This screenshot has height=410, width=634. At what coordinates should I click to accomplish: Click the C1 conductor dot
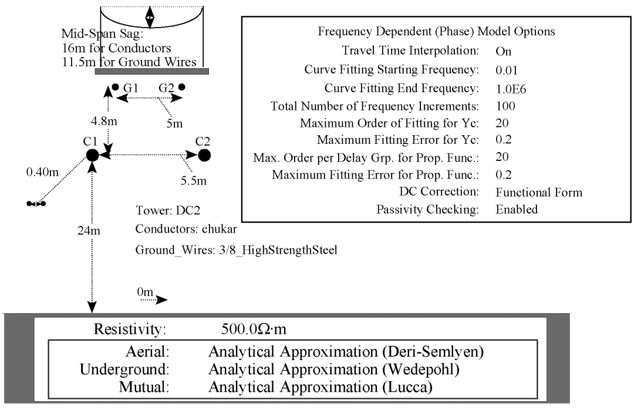[92, 154]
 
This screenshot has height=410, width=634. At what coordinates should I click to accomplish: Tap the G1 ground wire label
[130, 88]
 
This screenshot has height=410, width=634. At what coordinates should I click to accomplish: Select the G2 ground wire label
[166, 88]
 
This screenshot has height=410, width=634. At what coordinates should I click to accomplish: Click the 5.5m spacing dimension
[193, 180]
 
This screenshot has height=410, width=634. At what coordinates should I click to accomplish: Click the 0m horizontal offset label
[144, 291]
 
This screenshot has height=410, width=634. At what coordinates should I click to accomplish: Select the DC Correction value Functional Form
[538, 192]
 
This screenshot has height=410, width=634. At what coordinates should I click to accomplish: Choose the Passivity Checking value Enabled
[517, 210]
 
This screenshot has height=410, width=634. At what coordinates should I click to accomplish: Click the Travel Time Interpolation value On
[503, 52]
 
